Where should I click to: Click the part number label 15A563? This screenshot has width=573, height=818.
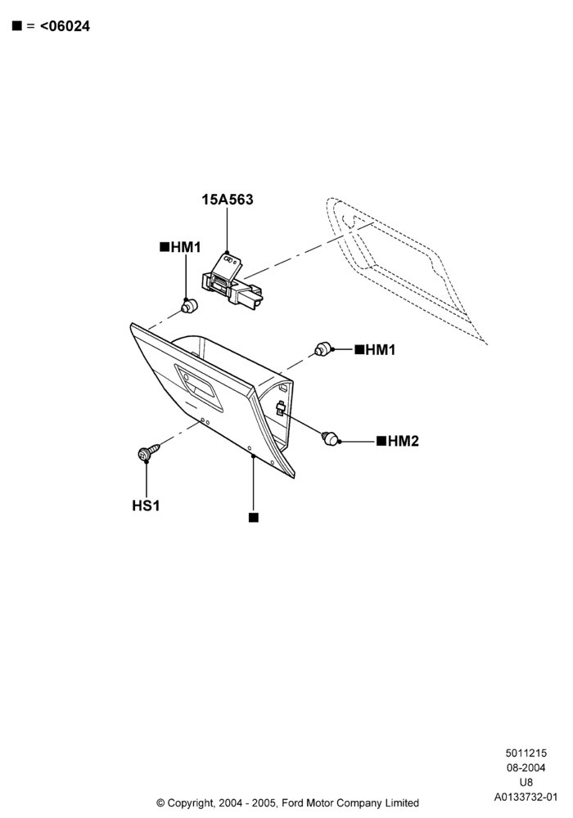click(x=228, y=200)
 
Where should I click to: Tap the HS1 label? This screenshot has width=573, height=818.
click(x=147, y=506)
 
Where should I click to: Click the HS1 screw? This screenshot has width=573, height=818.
click(x=148, y=452)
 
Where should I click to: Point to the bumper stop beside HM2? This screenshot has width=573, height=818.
click(x=329, y=438)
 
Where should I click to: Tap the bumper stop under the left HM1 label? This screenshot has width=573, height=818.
click(x=189, y=306)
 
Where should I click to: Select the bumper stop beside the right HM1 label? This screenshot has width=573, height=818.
click(x=323, y=348)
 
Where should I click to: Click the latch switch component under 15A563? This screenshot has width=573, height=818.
click(x=231, y=281)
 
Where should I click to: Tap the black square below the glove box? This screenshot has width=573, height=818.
click(x=254, y=518)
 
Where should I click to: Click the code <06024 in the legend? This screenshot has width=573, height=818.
click(x=65, y=26)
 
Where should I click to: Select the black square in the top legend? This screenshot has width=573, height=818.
click(x=17, y=25)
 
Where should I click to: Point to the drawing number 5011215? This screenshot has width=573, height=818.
click(x=526, y=753)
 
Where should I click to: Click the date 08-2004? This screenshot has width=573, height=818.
click(x=526, y=767)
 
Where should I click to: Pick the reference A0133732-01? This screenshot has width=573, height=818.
click(x=526, y=797)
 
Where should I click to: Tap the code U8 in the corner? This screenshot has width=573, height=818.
click(x=526, y=783)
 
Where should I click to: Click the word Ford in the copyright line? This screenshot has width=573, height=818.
click(x=292, y=803)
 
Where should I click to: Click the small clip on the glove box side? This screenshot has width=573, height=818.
click(x=280, y=407)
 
